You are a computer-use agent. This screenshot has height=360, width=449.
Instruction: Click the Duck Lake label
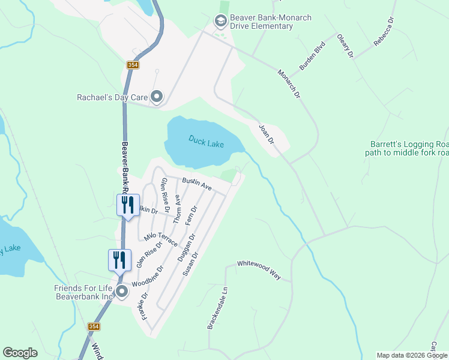(x=205, y=142)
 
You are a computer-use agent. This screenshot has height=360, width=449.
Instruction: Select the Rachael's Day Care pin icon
(x=157, y=97)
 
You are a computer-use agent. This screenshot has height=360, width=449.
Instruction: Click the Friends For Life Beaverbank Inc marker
(x=122, y=292)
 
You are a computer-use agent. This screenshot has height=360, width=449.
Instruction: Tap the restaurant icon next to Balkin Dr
(x=128, y=205)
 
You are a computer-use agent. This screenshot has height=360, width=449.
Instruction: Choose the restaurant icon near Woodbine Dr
(x=119, y=260)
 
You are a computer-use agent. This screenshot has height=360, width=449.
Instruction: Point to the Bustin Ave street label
(x=197, y=184)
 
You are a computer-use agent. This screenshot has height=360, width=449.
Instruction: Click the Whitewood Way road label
(x=259, y=269)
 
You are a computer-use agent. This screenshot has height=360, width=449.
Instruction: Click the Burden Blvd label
(x=312, y=56)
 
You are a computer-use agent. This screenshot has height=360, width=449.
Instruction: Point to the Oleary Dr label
(x=346, y=46)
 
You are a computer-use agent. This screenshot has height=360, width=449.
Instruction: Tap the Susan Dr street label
(x=190, y=264)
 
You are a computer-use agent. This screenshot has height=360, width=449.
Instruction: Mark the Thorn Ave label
(x=177, y=209)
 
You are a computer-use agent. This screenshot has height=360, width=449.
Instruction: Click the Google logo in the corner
(x=20, y=353)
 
